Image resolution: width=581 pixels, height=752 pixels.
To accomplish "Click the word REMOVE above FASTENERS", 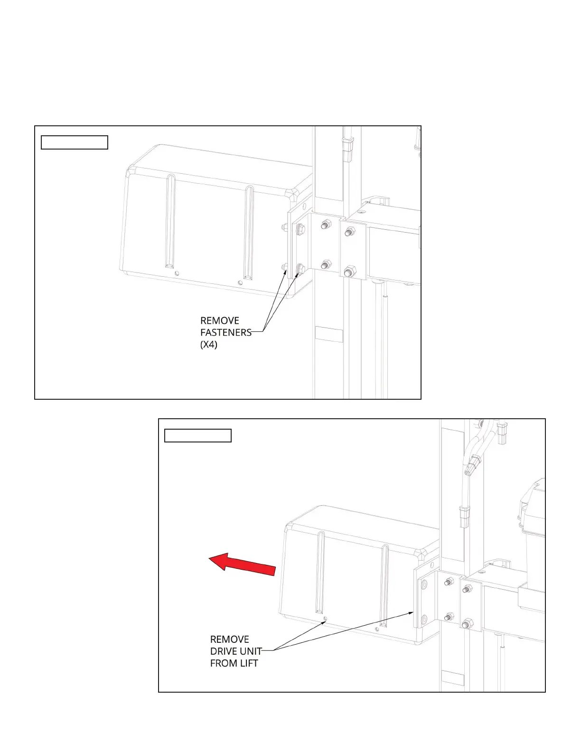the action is click(220, 321).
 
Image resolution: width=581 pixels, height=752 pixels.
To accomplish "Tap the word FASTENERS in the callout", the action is click(226, 332).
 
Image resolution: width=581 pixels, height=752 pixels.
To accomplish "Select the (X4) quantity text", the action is click(209, 345).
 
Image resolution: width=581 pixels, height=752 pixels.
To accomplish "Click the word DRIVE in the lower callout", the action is click(225, 651).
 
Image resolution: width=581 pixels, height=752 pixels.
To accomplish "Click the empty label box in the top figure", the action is click(75, 142).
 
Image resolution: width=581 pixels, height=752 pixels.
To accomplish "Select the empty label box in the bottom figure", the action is click(198, 435).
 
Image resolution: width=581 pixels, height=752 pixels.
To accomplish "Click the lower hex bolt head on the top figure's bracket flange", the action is click(300, 270).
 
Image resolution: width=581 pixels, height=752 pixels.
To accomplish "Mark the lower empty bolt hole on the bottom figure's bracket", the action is click(424, 619).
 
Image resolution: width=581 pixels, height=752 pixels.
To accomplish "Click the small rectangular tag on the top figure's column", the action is click(329, 334).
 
